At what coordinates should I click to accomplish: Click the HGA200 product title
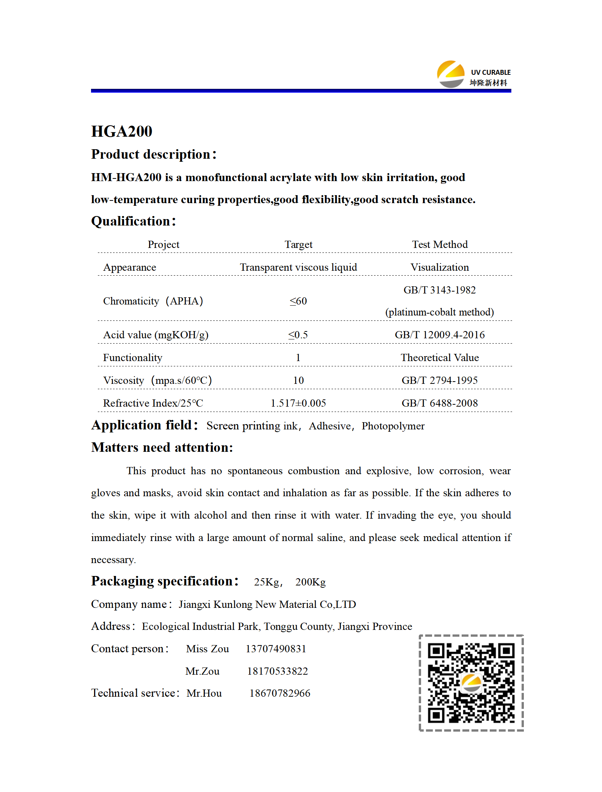tap(122, 131)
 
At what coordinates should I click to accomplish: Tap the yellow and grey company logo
tap(450, 74)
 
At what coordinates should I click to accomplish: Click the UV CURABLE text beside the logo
tap(490, 72)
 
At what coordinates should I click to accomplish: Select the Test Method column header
tap(440, 245)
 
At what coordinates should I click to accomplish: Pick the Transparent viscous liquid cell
tap(298, 267)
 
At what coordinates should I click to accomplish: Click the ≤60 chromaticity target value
tap(298, 301)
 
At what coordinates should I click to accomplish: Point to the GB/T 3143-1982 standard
tap(439, 290)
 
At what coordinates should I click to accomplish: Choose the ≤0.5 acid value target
tap(298, 335)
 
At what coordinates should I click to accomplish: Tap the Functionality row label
tap(132, 358)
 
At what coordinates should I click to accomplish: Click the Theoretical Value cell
tap(440, 358)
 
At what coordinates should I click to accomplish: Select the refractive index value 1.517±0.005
tap(298, 403)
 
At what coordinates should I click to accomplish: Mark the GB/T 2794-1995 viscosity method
tap(440, 380)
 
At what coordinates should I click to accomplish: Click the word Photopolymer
tap(393, 426)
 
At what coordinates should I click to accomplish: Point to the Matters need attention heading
tap(162, 448)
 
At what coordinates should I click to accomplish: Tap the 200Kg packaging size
tap(310, 582)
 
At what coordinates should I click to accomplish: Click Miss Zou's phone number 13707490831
tap(276, 649)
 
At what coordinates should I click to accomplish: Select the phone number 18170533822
tap(277, 671)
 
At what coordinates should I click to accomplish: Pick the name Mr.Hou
tap(204, 693)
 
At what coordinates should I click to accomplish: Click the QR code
tap(471, 683)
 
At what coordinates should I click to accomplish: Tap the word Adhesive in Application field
tap(330, 426)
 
